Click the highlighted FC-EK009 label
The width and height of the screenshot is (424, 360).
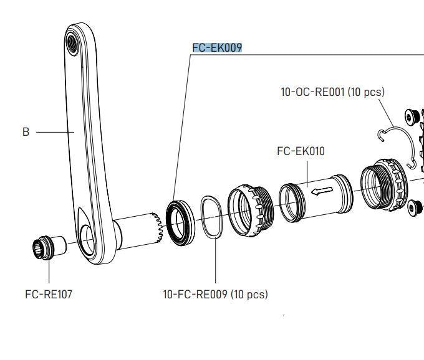point(216,48)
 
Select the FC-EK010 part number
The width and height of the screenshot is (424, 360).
point(301,151)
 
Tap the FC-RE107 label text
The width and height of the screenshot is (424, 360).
point(49,294)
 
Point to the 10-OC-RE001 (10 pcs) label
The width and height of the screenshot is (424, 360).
point(332,92)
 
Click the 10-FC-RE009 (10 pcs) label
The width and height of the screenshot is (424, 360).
point(215,294)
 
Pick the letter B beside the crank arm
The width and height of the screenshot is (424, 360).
point(26,132)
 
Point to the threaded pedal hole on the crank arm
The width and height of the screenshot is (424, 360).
point(72,43)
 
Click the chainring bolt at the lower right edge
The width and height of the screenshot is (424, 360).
point(414,209)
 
